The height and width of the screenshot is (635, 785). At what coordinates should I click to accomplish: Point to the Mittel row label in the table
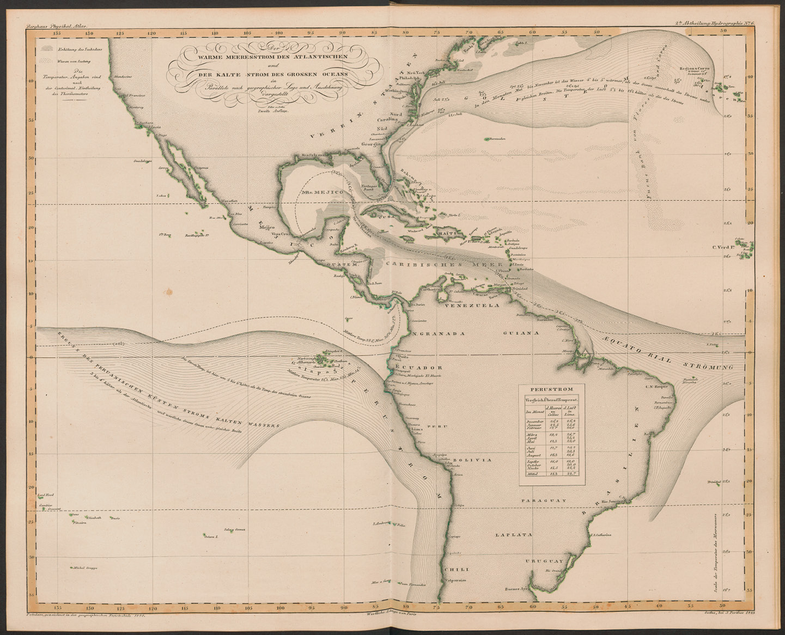point(532,474)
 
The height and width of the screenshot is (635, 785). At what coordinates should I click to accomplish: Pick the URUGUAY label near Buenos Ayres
point(544,560)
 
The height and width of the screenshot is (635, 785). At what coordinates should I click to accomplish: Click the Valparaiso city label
point(456,580)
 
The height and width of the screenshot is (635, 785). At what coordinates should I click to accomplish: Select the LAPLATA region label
point(513,535)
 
